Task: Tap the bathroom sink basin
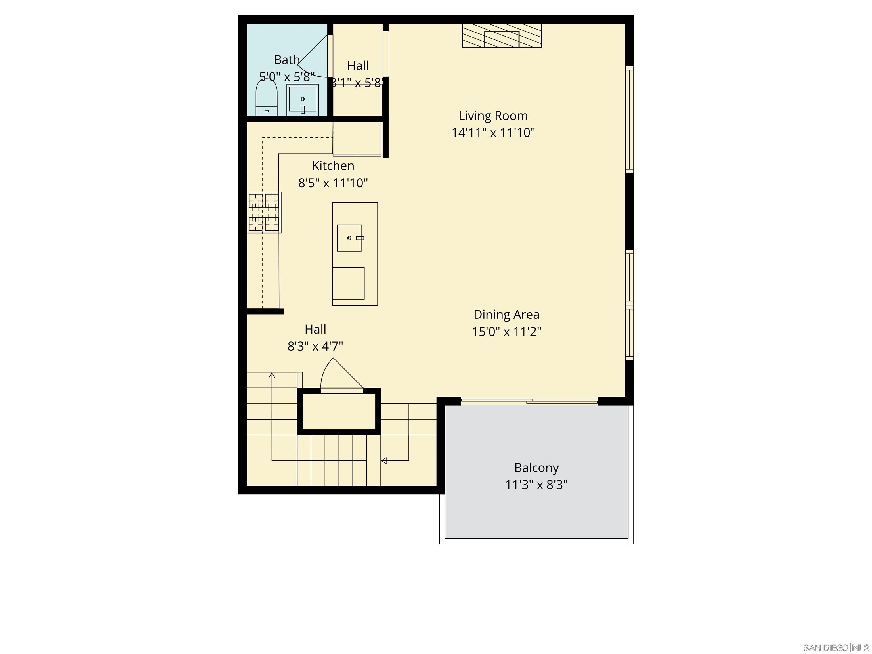coord(302,99)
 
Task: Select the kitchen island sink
coord(349,238)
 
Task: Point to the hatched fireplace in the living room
coord(502,36)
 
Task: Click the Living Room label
coord(493,116)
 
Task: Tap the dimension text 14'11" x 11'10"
coord(493,133)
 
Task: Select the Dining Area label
coord(506,315)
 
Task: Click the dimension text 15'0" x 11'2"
coord(506,332)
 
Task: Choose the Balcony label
coord(536,468)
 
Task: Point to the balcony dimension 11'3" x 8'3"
coord(536,485)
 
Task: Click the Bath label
coord(287,60)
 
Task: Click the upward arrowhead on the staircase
coord(272,375)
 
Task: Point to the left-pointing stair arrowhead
coord(383,460)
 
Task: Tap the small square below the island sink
coord(348,283)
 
